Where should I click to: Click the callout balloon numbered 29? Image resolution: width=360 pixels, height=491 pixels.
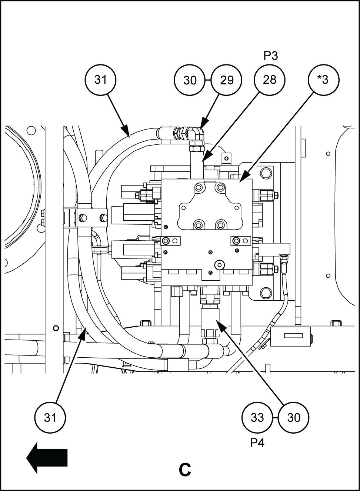[226, 80]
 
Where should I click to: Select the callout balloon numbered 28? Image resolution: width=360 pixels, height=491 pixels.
[270, 80]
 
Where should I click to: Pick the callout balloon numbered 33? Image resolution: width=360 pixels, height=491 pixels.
[257, 418]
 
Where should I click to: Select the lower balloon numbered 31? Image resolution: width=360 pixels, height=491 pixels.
[50, 418]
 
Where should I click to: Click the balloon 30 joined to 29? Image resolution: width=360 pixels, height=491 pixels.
[190, 80]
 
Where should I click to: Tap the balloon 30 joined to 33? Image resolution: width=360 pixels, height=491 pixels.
[293, 418]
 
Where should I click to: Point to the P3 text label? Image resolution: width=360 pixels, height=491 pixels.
[270, 56]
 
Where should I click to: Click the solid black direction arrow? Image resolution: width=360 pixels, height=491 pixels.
[47, 458]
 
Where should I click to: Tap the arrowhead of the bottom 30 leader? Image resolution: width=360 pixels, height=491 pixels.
[221, 325]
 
